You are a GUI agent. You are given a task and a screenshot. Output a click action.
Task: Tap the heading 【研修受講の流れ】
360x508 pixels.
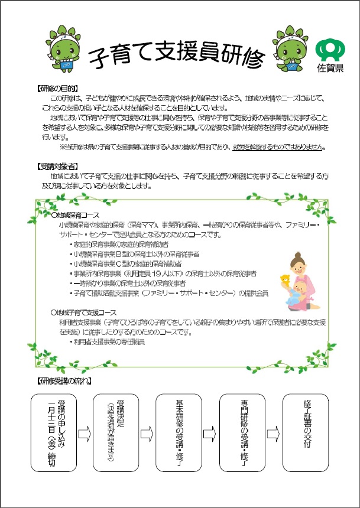64,381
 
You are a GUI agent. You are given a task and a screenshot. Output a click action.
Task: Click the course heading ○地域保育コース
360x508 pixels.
75,216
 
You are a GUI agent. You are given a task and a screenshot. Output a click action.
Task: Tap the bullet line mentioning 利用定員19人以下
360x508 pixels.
163,273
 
